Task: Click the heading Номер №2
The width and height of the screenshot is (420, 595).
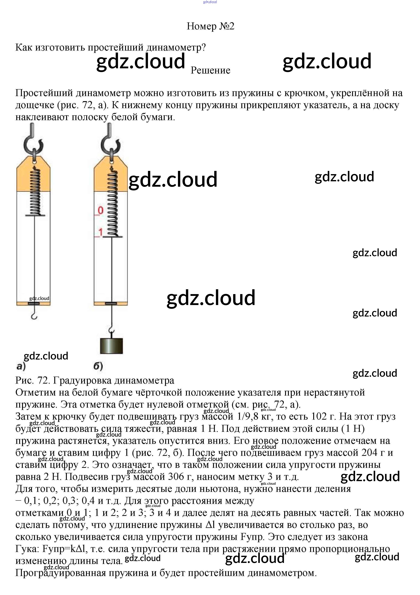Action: click(x=210, y=26)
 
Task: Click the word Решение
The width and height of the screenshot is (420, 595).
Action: click(x=210, y=70)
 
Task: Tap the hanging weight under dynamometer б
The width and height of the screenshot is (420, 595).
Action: click(x=111, y=346)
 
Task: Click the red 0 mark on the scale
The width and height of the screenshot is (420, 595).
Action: click(x=101, y=210)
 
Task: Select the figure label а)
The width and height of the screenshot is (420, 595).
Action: click(x=21, y=366)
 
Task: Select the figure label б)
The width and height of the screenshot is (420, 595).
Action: click(x=98, y=366)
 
